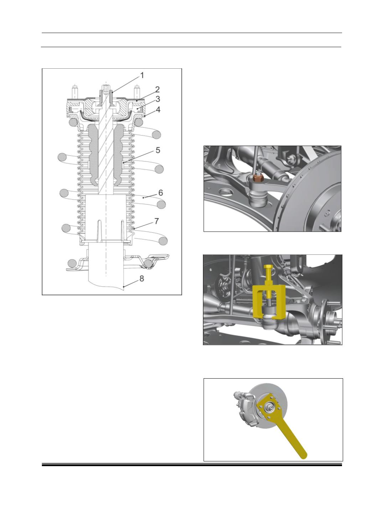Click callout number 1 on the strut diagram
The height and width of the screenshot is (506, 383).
click(142, 75)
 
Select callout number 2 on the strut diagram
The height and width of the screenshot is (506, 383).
click(157, 89)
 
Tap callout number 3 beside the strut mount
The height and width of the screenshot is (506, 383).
click(158, 99)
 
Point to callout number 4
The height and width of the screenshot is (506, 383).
click(158, 110)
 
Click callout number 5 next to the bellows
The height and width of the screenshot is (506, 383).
click(158, 150)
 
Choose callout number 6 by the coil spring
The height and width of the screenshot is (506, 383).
click(161, 193)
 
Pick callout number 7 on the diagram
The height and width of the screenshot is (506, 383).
click(157, 221)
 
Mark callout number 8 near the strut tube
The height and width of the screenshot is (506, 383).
click(142, 279)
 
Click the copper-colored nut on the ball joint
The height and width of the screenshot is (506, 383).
click(257, 178)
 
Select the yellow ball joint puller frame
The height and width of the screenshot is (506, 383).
click(269, 302)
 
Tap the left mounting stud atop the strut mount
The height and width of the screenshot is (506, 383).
click(74, 92)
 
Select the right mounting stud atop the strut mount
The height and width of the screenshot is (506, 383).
click(137, 92)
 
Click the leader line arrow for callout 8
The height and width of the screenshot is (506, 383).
click(131, 283)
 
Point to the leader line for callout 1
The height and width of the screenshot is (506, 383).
click(126, 84)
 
